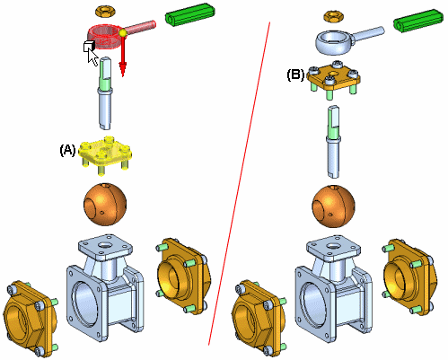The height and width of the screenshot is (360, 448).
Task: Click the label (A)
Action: pyautogui.click(x=67, y=150)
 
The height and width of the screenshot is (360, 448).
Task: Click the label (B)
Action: pyautogui.click(x=295, y=75)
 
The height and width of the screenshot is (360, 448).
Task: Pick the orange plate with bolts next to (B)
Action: pyautogui.click(x=333, y=78)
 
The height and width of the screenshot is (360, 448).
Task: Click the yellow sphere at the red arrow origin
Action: pyautogui.click(x=123, y=33)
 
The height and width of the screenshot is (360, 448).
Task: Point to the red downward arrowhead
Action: pyautogui.click(x=122, y=69)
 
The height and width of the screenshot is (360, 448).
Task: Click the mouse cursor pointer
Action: pyautogui.click(x=92, y=57)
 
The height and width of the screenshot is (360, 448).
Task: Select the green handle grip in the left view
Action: pyautogui.click(x=189, y=15)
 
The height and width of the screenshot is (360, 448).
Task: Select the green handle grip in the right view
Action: pyautogui.click(x=417, y=21)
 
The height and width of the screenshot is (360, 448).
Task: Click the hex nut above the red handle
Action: pyautogui.click(x=105, y=12)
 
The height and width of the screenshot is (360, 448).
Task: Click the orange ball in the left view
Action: pyautogui.click(x=105, y=204)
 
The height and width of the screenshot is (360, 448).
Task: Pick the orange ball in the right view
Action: pyautogui.click(x=333, y=206)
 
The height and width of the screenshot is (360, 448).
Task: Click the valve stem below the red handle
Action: pyautogui.click(x=105, y=93)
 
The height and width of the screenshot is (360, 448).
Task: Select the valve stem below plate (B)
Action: pyautogui.click(x=333, y=142)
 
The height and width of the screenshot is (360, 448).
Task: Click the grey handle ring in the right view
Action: pyautogui.click(x=335, y=42)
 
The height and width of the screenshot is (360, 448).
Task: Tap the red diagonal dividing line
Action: pyautogui.click(x=239, y=183)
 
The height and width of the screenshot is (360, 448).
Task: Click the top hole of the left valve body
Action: pyautogui.click(x=105, y=245)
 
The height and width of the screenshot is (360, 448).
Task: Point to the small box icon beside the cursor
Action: pyautogui.click(x=89, y=46)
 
